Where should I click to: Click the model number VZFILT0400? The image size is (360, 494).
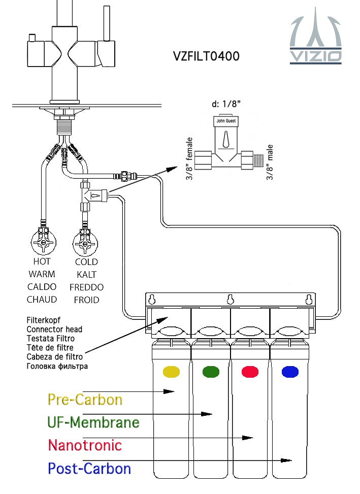click(x=206, y=56)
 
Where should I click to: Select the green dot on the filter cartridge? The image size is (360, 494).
click(x=211, y=372)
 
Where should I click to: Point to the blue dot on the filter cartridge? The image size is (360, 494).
click(x=289, y=372)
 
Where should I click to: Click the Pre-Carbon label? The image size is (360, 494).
click(x=85, y=400)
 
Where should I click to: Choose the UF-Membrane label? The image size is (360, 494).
click(x=93, y=422)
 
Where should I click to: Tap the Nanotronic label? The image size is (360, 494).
click(x=85, y=445)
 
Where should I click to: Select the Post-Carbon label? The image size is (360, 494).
click(x=89, y=468)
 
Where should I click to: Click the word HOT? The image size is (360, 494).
click(x=42, y=262)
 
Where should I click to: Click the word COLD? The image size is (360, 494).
click(x=86, y=262)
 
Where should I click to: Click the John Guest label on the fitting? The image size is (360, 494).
click(x=227, y=122)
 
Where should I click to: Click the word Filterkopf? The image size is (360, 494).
click(x=43, y=320)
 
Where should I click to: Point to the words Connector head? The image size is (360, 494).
click(x=54, y=330)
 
